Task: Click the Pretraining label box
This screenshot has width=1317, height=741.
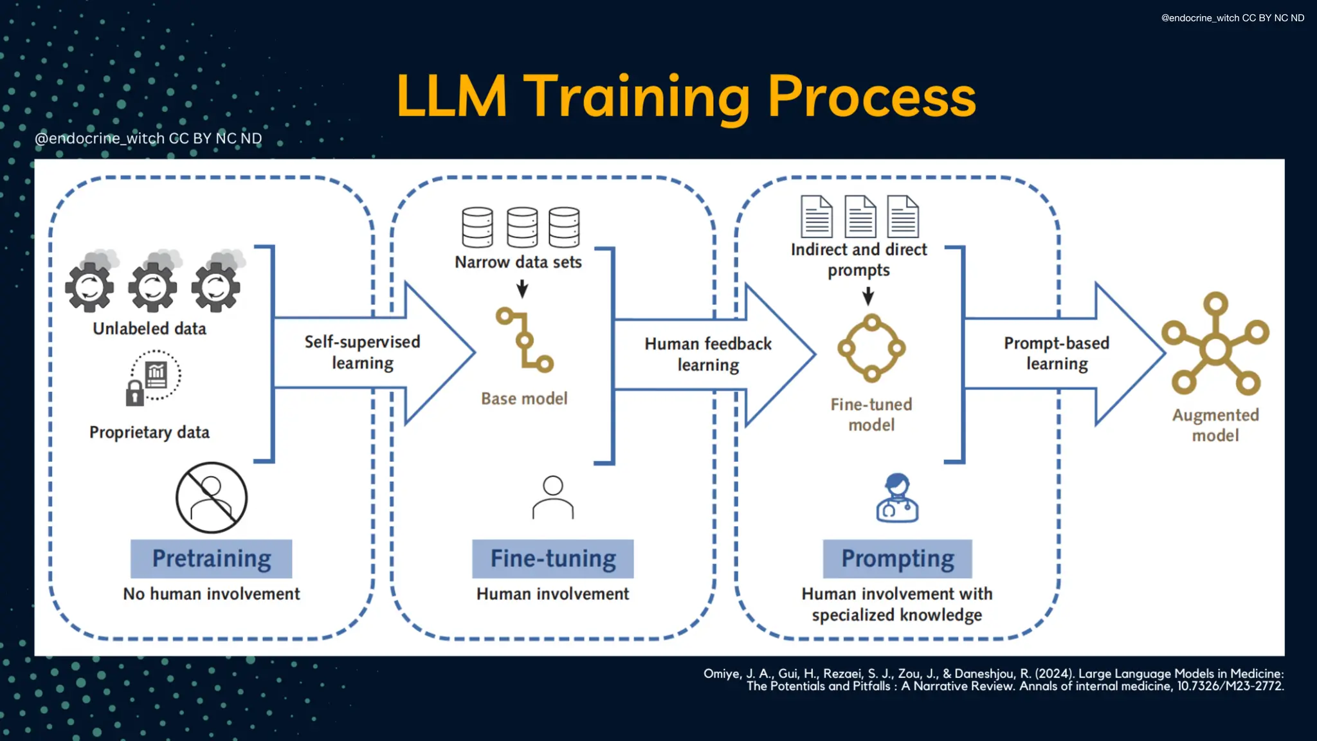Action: point(211,558)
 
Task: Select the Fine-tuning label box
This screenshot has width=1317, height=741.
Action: point(552,558)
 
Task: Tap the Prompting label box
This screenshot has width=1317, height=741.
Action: point(897,558)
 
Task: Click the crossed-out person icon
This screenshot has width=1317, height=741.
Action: point(212,497)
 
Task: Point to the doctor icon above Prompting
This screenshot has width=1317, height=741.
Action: point(897,498)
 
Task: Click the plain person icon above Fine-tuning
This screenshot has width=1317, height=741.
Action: point(552,497)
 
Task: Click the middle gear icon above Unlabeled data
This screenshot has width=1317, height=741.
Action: point(152,286)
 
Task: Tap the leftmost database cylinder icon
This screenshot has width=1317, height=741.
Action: point(477,227)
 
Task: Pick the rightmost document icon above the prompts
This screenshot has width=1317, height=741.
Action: point(903,217)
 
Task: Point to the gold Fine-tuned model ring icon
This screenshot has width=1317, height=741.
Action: point(871,348)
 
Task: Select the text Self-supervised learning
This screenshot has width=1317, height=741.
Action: point(362,352)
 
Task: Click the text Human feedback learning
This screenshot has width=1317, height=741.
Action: point(708,354)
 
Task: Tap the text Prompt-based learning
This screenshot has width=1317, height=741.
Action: point(1057,353)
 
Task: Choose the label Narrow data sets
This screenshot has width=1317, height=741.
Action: point(518,262)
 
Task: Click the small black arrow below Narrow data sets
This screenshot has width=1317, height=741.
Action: point(522,289)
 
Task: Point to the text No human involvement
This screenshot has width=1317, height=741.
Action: point(211,594)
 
